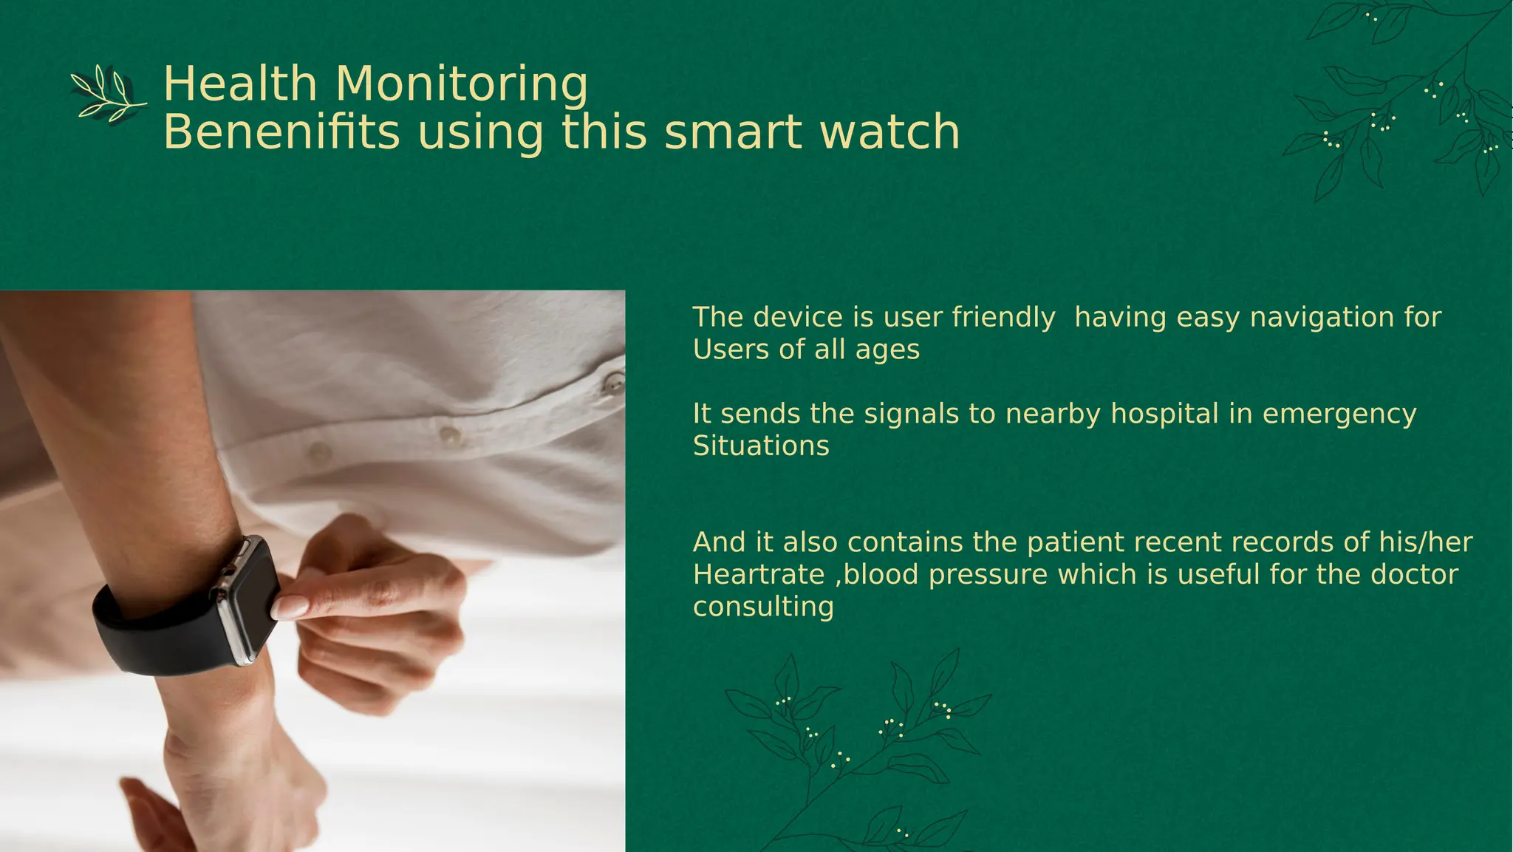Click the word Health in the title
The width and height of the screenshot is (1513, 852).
pyautogui.click(x=239, y=84)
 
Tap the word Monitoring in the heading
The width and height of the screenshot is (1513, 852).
pyautogui.click(x=462, y=85)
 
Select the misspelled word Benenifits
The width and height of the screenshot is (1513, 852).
pyautogui.click(x=281, y=132)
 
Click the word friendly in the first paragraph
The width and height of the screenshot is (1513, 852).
pyautogui.click(x=1003, y=318)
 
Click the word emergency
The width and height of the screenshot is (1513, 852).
pyautogui.click(x=1339, y=415)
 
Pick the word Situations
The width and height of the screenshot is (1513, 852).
pyautogui.click(x=761, y=446)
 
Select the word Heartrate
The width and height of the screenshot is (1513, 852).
pyautogui.click(x=759, y=575)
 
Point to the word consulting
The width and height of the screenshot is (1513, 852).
pyautogui.click(x=763, y=607)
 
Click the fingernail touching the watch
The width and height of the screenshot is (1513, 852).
pyautogui.click(x=289, y=607)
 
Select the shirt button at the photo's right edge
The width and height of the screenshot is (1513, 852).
pyautogui.click(x=614, y=383)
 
